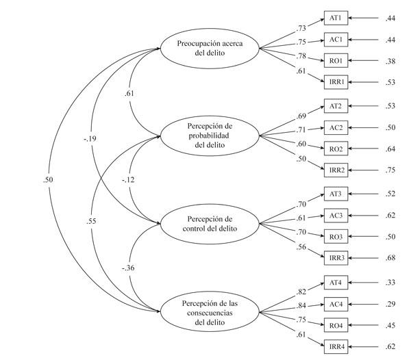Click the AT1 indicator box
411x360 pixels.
[336, 18]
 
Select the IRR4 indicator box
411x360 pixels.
[336, 346]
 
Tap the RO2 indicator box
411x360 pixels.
[336, 149]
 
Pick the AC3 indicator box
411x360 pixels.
[336, 216]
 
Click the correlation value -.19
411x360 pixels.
[90, 138]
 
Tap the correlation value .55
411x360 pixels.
[91, 221]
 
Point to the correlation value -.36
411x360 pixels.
[128, 268]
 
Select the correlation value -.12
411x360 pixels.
[128, 180]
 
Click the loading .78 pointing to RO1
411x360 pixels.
[301, 55]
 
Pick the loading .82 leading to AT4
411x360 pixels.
[301, 292]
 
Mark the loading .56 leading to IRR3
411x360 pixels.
[301, 247]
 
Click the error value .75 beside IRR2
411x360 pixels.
[390, 170]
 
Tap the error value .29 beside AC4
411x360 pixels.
[390, 304]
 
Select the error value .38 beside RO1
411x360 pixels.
[390, 62]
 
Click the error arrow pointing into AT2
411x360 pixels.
[363, 106]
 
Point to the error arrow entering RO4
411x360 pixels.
[363, 326]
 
